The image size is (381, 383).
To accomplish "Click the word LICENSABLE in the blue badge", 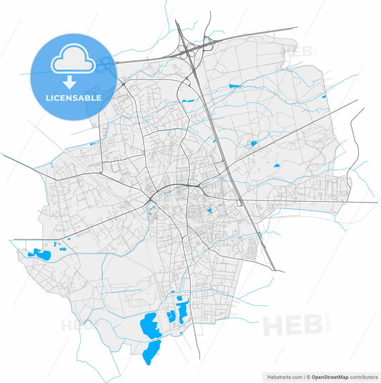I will pos(73,97).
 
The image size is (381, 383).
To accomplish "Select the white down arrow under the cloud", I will pos(73,79).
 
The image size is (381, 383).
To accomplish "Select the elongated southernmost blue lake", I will pos(152,352).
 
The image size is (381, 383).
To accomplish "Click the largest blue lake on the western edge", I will pos(34,253).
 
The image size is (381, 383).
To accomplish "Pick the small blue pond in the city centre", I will pos(209,211).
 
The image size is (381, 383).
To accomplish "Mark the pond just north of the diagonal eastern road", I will pos(253,143).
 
